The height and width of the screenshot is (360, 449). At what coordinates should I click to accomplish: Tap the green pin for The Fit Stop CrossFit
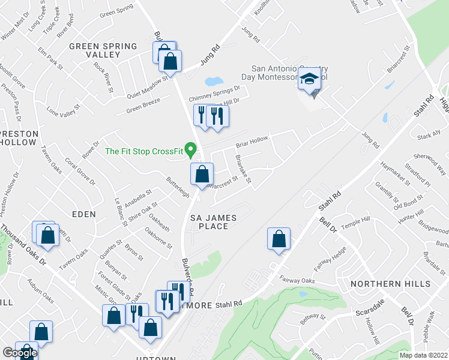point(191,148)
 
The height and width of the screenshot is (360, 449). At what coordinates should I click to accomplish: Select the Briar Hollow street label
point(252,142)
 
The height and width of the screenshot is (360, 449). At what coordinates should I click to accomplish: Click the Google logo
point(20,353)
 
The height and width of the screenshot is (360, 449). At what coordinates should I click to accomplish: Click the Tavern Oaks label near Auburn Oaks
point(73,259)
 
